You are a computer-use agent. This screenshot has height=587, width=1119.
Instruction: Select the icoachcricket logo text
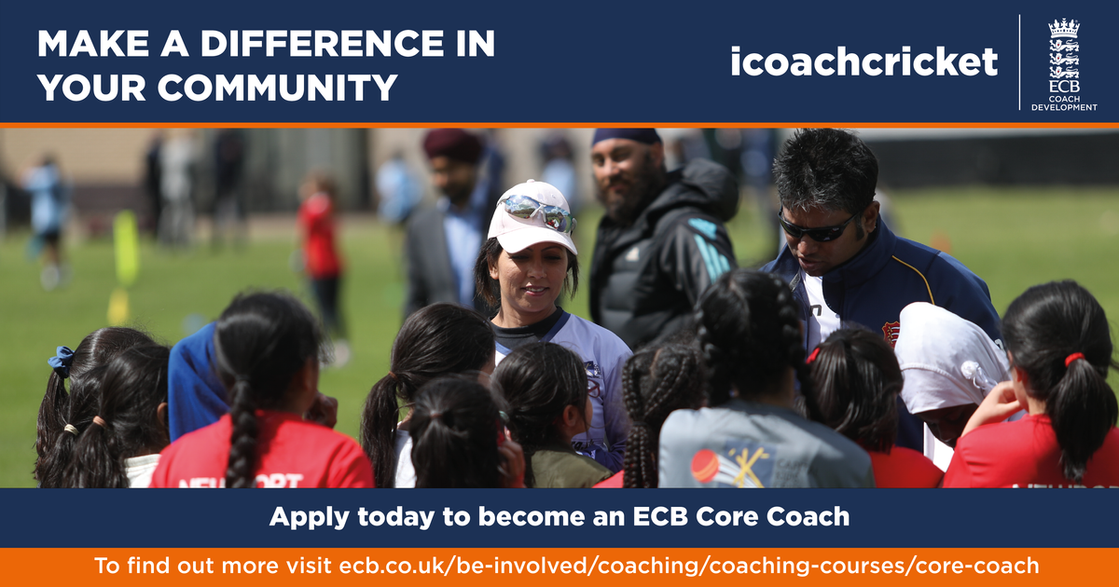point(863,61)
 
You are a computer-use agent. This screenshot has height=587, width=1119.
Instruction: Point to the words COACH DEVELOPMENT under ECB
point(1064,102)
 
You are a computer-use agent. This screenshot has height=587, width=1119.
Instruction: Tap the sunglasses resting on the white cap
point(537,212)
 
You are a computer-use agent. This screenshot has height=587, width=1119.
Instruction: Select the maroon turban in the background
point(453,145)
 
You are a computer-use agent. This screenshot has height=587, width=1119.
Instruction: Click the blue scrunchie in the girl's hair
point(62,361)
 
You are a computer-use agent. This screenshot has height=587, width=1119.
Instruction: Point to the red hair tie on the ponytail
point(1073,359)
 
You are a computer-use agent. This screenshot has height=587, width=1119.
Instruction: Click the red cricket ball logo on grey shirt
point(705,465)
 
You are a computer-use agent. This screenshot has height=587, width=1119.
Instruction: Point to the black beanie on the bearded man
point(627,136)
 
